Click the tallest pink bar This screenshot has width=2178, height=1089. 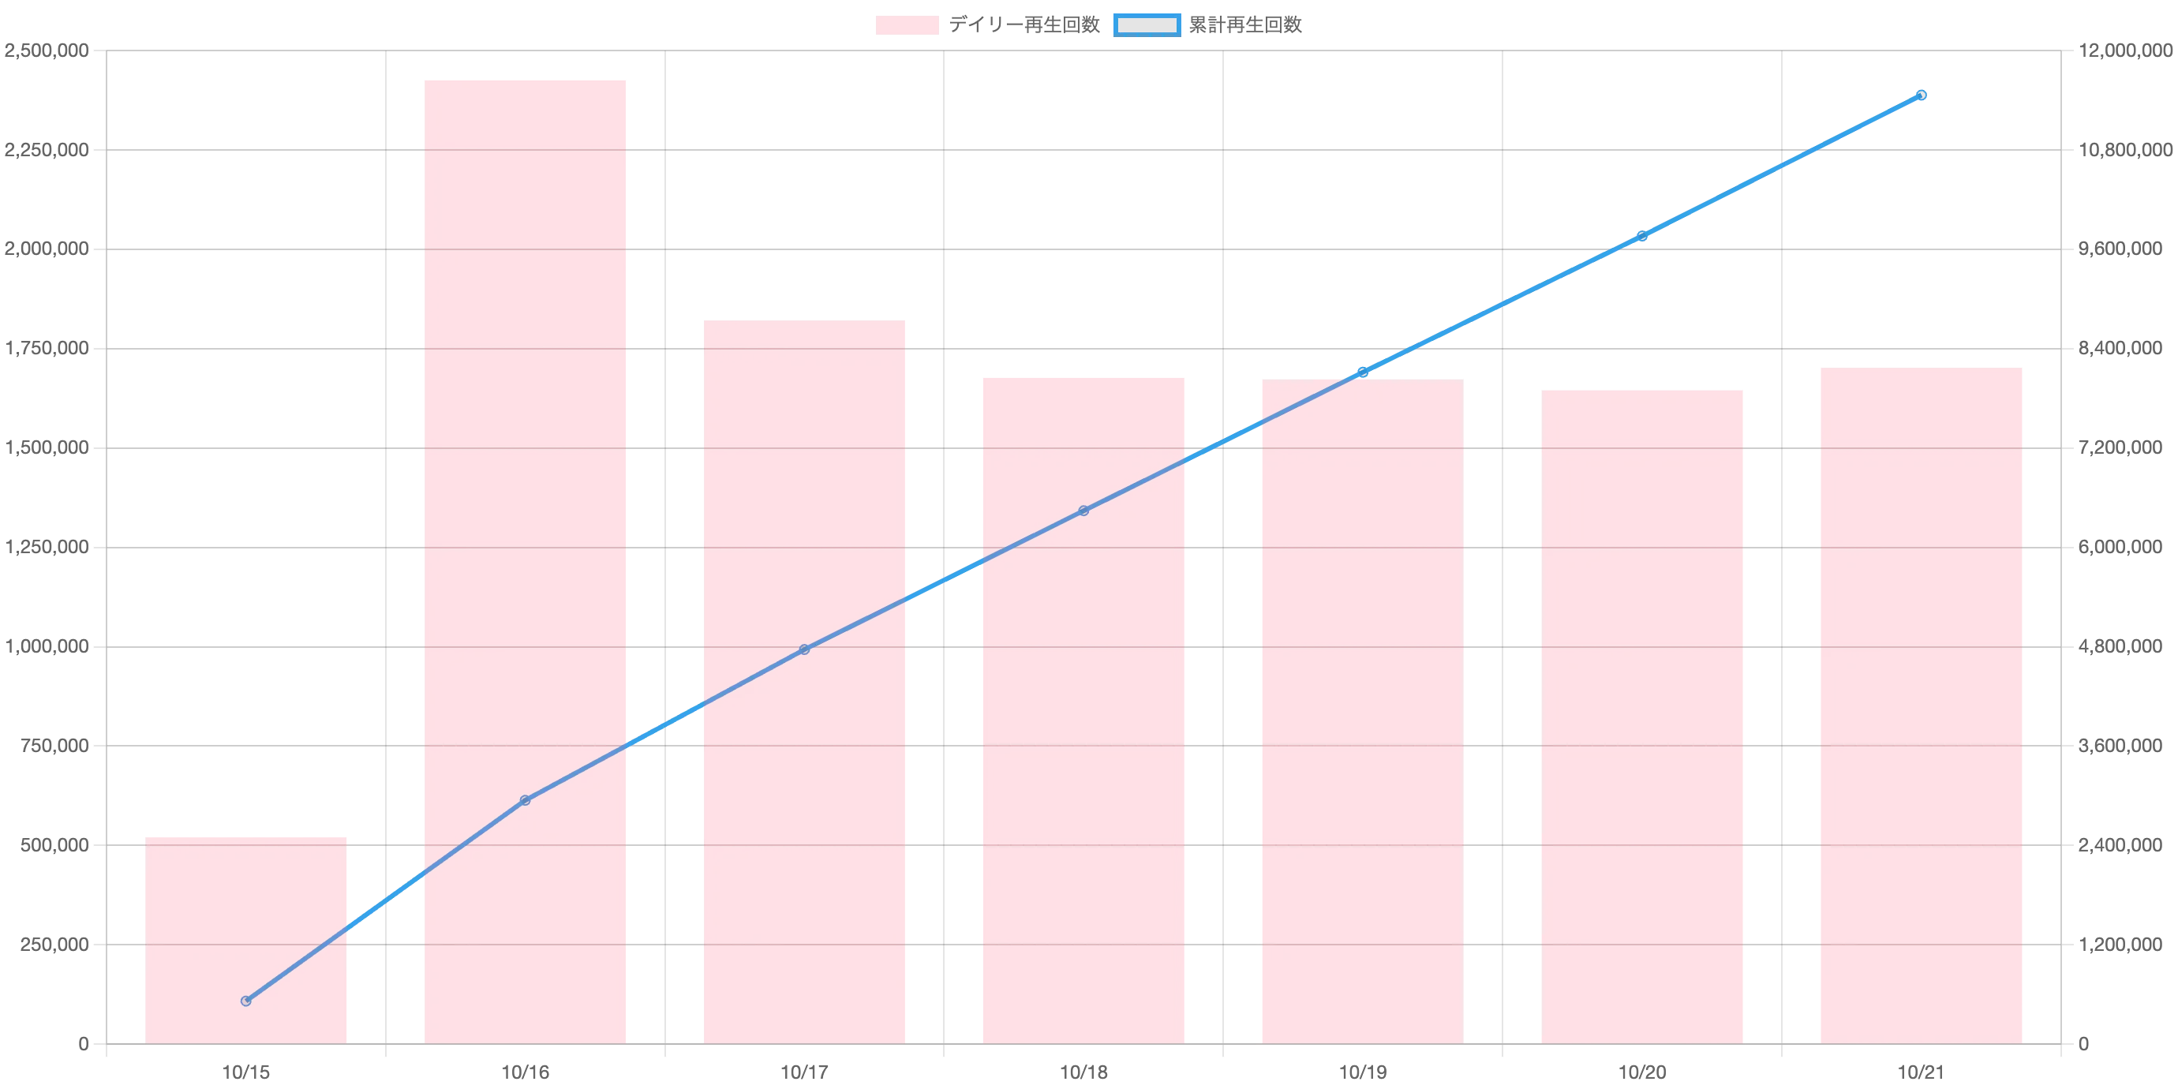526,558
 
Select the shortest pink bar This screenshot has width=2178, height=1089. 246,938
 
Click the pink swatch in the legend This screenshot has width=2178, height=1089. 906,26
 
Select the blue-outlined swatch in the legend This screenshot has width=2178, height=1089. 1146,26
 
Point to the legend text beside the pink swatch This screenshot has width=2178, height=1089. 1025,26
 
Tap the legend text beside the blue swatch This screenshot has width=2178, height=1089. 1246,26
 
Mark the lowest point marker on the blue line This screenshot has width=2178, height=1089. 246,1001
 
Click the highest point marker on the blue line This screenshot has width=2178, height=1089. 1922,95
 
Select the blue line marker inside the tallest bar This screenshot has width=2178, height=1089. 525,800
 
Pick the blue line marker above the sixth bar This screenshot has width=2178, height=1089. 1642,237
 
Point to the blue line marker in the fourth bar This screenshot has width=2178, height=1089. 1083,511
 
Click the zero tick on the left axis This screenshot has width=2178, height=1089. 81,1045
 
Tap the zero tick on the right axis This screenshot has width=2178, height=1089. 2083,1045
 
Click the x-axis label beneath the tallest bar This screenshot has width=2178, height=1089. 525,1070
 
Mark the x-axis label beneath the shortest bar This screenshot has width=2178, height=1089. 246,1070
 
